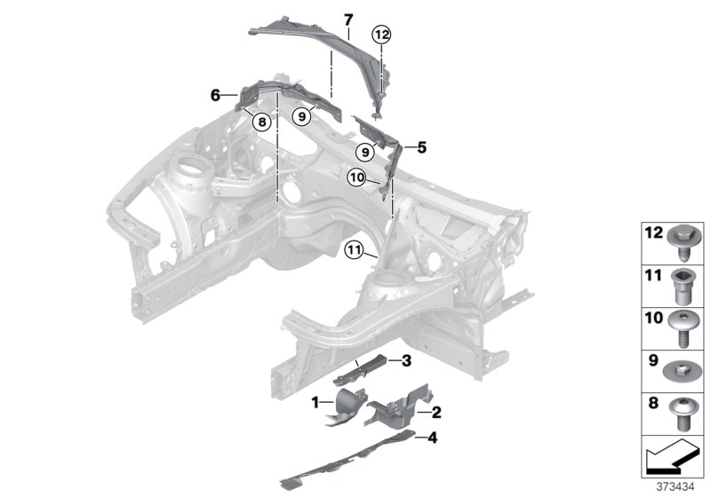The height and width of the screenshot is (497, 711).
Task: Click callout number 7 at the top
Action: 348,18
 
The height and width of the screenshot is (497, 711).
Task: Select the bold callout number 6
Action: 215,92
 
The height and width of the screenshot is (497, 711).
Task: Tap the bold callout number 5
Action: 422,147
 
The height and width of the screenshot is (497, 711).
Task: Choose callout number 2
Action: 436,412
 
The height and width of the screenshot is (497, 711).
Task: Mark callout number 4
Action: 432,438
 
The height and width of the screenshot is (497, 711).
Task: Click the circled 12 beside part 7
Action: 381,35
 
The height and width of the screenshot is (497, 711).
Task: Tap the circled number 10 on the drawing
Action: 357,177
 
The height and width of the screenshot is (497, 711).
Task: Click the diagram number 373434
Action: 683,485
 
